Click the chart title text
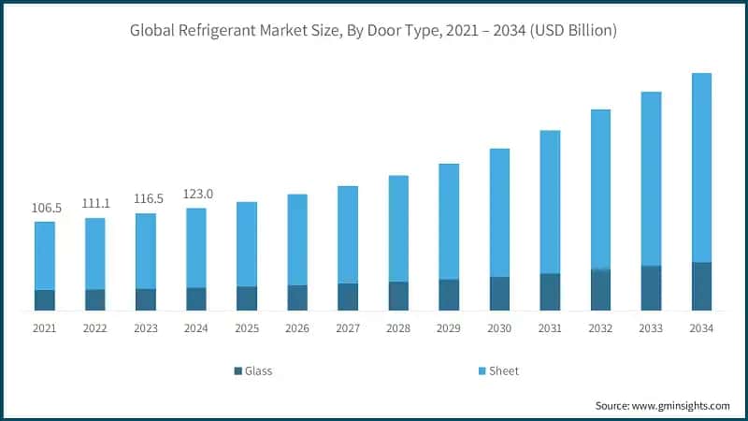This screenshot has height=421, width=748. [x=374, y=30]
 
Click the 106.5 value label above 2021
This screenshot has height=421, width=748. [x=45, y=208]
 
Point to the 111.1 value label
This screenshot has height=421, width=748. [x=95, y=203]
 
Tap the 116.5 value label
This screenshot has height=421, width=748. [x=146, y=198]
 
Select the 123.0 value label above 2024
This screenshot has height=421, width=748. [x=196, y=194]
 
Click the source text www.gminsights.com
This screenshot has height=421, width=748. [x=662, y=405]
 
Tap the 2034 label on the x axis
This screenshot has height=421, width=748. [x=701, y=328]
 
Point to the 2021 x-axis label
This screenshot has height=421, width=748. [x=45, y=328]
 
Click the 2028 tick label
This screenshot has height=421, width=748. [x=398, y=328]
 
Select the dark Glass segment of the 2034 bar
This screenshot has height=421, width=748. [x=701, y=286]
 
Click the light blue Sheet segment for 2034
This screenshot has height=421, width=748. [x=701, y=168]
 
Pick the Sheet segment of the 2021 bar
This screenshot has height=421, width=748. [x=45, y=255]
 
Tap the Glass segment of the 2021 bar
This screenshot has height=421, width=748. [x=45, y=299]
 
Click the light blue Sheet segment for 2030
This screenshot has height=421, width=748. [x=499, y=212]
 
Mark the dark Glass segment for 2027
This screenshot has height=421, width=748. [x=348, y=296]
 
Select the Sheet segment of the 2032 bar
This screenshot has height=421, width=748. [x=600, y=190]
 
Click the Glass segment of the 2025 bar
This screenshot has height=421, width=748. [x=247, y=298]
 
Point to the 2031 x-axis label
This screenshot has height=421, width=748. [x=550, y=328]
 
